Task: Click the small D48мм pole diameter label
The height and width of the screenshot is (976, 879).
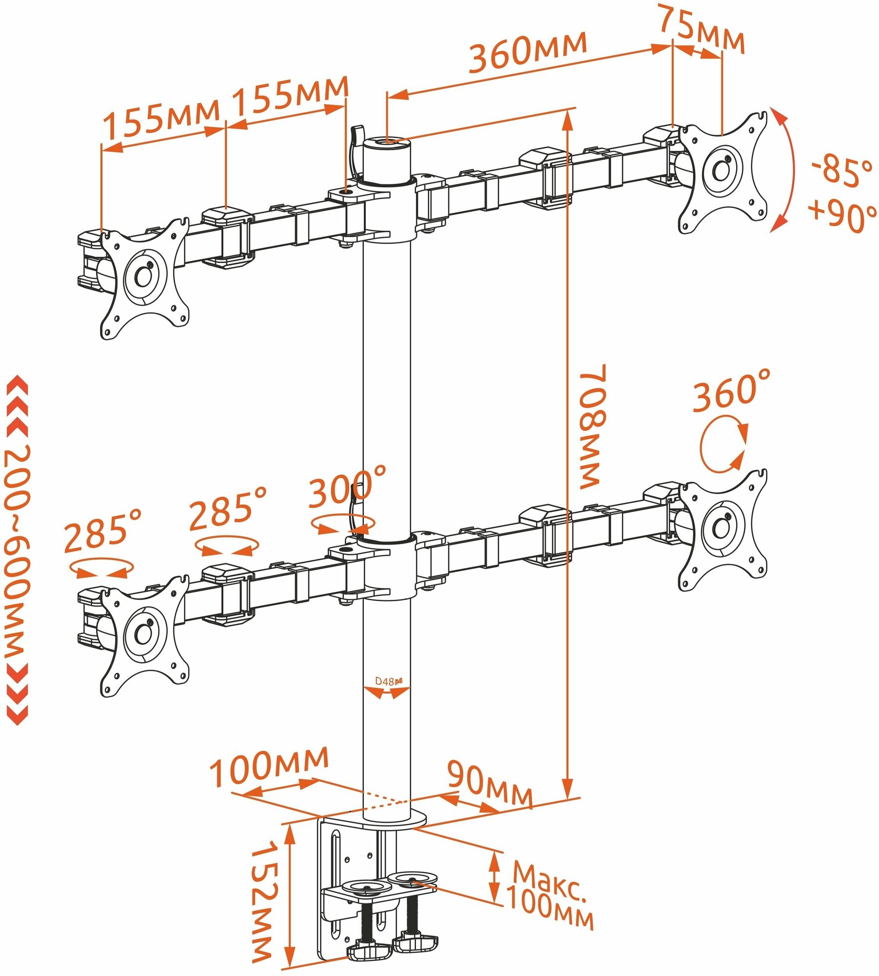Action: pos(388,681)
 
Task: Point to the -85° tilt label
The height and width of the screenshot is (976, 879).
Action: pos(841,171)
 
